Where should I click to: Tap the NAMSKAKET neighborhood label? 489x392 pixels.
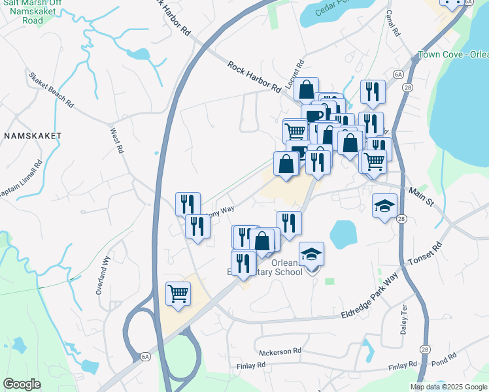point(32,136)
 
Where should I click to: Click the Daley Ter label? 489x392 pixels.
point(403,319)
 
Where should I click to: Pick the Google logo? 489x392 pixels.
point(22,384)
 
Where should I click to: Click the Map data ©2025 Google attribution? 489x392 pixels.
point(448,387)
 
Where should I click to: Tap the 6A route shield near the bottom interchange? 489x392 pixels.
point(145,356)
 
